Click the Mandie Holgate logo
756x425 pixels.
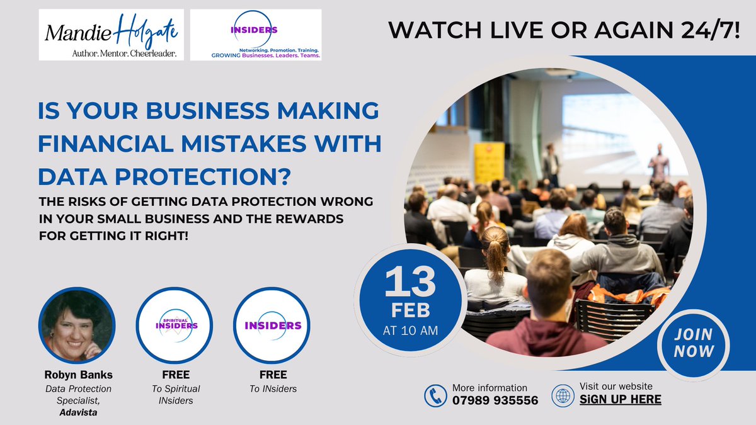111,35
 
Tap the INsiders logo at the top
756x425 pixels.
256,35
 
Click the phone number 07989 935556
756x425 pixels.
495,400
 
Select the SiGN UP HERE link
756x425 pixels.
620,399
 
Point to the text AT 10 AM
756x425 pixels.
410,329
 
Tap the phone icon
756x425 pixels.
435,395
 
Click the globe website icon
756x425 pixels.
563,395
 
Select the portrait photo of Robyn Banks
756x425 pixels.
77,325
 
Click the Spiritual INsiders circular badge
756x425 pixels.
176,325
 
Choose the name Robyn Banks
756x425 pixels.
78,376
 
